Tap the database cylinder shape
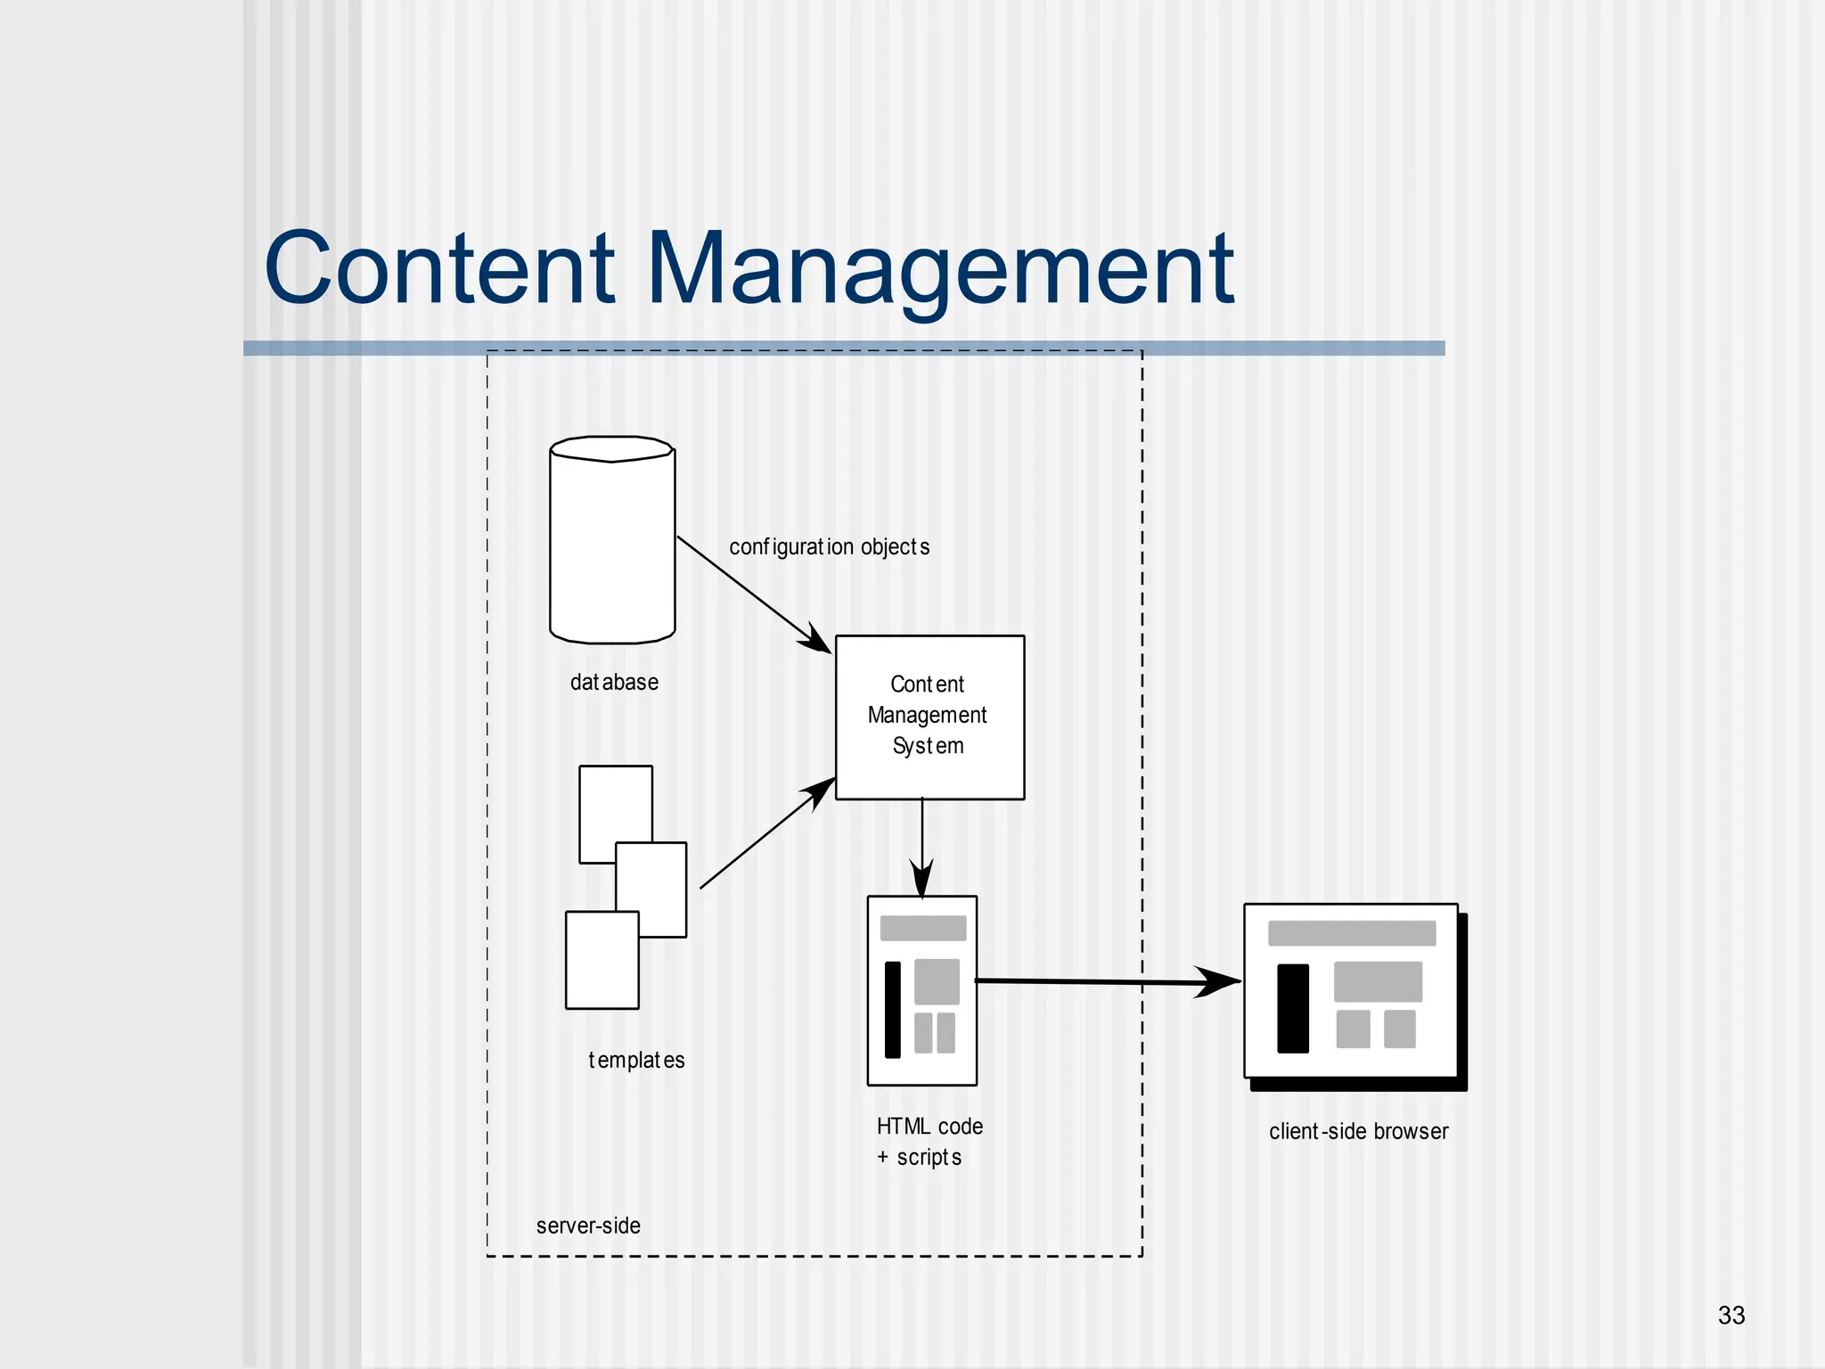[x=612, y=544]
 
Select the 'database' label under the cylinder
[x=614, y=683]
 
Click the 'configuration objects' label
[x=829, y=546]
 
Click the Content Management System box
[x=929, y=717]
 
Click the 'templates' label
[x=636, y=1060]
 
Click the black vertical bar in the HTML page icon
[x=892, y=1009]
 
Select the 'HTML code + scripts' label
[x=929, y=1142]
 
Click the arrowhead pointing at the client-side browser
[x=1219, y=982]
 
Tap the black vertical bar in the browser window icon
[x=1292, y=1008]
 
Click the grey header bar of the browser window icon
[x=1351, y=933]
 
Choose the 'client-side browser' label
[x=1358, y=1131]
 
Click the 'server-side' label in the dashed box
[x=588, y=1226]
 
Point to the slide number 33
[x=1731, y=1316]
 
